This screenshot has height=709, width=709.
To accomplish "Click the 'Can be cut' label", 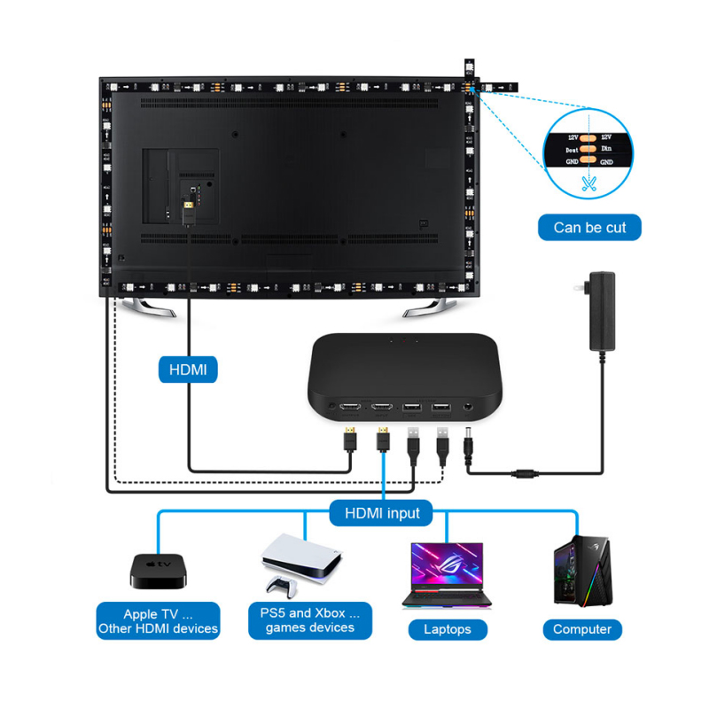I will (x=589, y=228).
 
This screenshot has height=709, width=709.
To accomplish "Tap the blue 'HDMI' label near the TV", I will (x=187, y=369).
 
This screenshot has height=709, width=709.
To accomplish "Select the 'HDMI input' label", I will (x=381, y=512).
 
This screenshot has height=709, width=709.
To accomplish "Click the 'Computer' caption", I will (x=582, y=629).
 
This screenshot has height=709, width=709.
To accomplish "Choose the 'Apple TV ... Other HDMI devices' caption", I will (x=158, y=620).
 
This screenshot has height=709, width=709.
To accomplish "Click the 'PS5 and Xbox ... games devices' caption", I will (x=310, y=620).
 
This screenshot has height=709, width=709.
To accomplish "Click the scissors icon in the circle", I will (x=588, y=185).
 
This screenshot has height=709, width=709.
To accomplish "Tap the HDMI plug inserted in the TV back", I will (x=189, y=211).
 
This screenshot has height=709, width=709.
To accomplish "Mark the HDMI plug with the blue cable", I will (x=384, y=438).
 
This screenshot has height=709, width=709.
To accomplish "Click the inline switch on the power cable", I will (x=526, y=473).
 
